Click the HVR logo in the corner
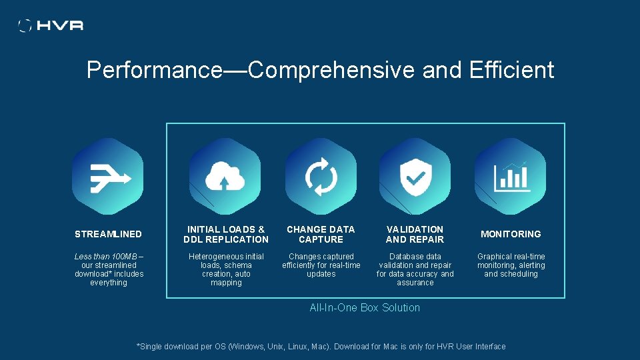click(x=51, y=25)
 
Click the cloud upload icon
click(x=225, y=177)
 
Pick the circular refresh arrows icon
click(x=321, y=177)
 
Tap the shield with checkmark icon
click(x=415, y=177)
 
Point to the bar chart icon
click(x=511, y=177)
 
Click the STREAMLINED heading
click(x=108, y=234)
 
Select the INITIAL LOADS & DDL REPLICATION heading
click(x=226, y=234)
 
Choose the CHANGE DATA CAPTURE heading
click(x=321, y=234)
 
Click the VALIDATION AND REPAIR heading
click(x=415, y=234)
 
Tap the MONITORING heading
click(x=511, y=234)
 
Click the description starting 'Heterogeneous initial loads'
click(x=226, y=269)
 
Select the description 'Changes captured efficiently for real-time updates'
click(x=321, y=265)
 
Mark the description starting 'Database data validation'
click(x=415, y=269)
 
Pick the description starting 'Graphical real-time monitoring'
click(x=511, y=265)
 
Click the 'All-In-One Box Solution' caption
click(x=365, y=307)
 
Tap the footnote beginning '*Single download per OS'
click(x=321, y=346)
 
